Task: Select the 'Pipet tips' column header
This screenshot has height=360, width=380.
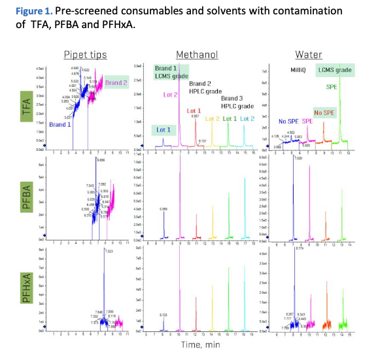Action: click(85, 55)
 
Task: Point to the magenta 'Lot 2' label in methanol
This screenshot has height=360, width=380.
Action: click(172, 95)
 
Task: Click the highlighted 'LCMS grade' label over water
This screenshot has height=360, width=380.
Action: click(336, 71)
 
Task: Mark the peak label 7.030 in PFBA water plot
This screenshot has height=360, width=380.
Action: click(298, 159)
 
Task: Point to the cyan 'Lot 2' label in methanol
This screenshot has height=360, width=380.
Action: click(247, 118)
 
